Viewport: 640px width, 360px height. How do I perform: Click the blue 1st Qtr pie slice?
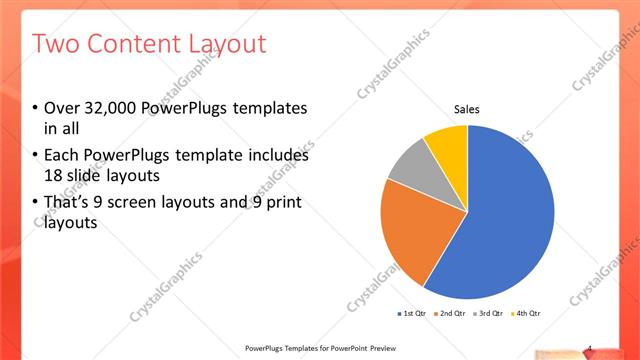click(x=505, y=215)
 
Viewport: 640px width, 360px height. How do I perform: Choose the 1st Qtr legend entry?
click(x=413, y=314)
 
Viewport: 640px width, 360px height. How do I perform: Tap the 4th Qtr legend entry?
click(x=527, y=314)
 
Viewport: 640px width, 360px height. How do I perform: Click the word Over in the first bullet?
click(x=63, y=108)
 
